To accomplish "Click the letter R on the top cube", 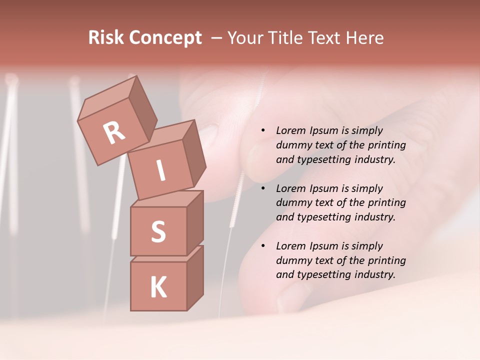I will pos(114,132).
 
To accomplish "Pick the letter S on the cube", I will pos(158,231).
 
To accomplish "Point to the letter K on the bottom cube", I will pos(158,287).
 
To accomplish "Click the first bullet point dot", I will pos(263,131).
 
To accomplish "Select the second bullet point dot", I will pos(263,189).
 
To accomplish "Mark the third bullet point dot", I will pos(263,246).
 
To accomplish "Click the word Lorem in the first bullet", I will pos(290,131).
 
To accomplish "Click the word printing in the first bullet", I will pos(386,145).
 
